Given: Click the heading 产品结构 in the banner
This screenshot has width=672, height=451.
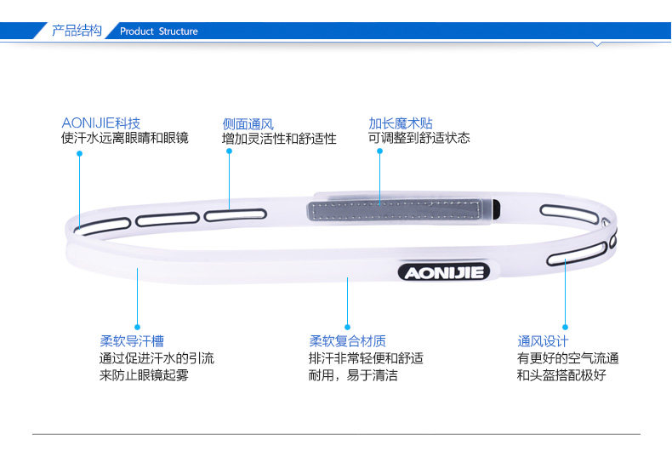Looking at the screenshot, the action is (77, 31).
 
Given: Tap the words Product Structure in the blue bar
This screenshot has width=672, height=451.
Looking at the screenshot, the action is (158, 31).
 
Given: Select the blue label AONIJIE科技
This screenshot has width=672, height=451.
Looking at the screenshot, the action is (100, 123).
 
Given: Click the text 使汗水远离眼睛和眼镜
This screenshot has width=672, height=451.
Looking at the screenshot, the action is (124, 138).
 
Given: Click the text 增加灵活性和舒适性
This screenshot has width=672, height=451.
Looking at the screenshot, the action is (279, 139).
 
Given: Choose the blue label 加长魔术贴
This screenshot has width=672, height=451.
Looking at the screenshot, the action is (401, 123).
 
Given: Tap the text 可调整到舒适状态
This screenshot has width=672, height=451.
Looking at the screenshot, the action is (419, 138).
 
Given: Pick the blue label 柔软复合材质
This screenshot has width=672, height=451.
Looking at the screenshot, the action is (347, 342).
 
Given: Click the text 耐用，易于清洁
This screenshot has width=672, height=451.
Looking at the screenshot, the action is (353, 375).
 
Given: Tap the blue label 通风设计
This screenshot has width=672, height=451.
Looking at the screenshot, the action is (543, 342).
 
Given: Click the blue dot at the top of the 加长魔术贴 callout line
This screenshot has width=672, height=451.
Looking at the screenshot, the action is (379, 151).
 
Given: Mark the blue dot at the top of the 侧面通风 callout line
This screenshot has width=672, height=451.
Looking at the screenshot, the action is (229, 152).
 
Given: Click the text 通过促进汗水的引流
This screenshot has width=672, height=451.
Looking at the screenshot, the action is (157, 359).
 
